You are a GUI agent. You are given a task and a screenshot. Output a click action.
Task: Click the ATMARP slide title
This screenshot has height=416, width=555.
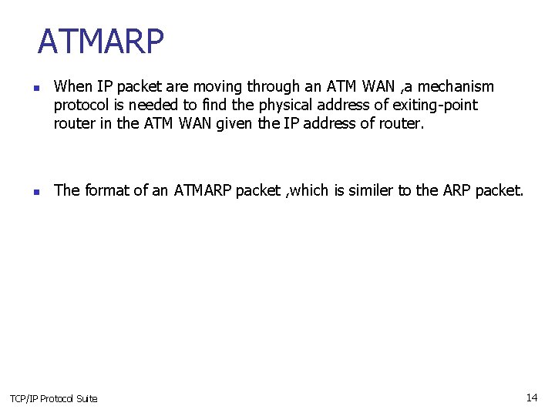tap(101, 42)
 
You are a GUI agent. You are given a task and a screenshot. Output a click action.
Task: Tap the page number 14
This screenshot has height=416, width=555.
tap(532, 398)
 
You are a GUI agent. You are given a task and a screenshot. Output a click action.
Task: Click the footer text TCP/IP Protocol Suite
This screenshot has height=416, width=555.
tap(54, 398)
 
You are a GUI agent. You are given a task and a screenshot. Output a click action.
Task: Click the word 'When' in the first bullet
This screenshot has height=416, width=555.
tap(72, 86)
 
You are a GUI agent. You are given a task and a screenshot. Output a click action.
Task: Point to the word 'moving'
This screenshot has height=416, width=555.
tap(219, 86)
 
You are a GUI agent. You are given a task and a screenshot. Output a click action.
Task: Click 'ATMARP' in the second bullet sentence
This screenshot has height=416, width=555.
tap(201, 190)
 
